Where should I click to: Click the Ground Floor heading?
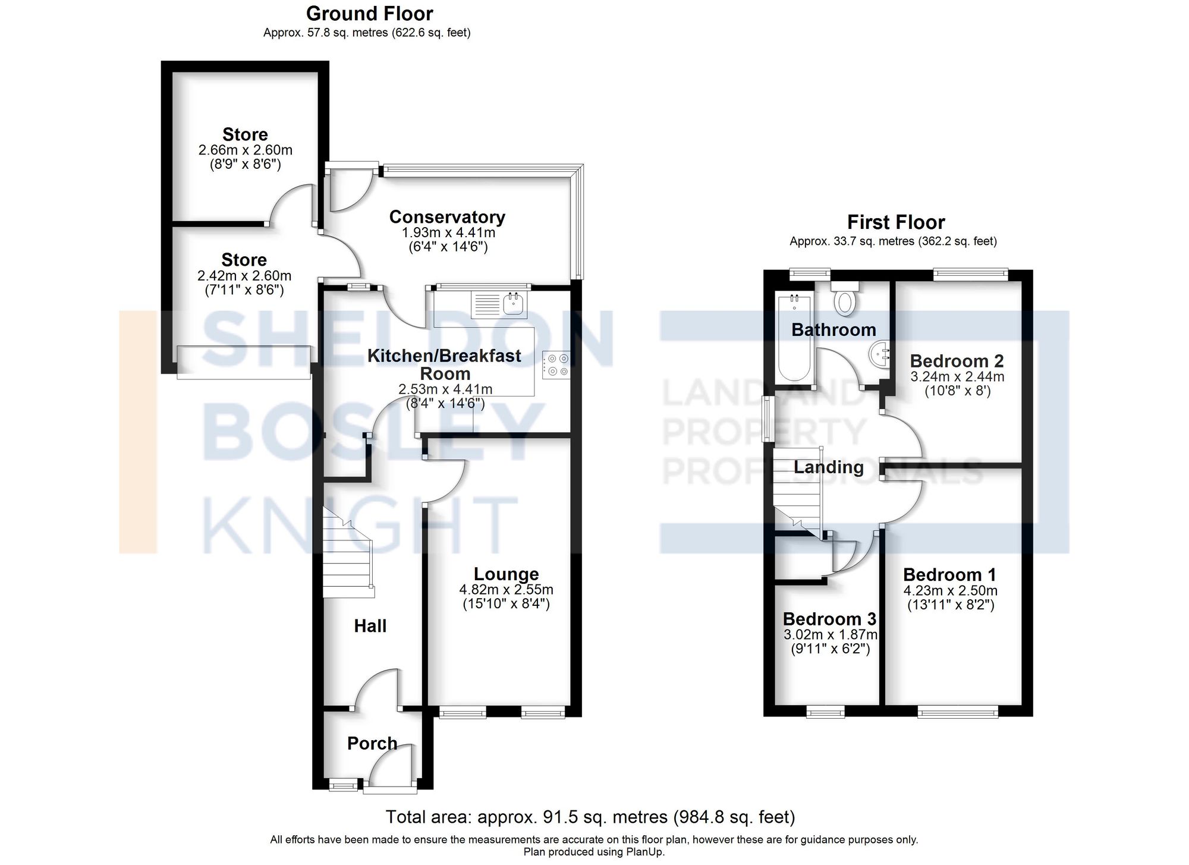[369, 13]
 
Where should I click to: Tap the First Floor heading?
[895, 222]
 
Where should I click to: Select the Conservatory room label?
[447, 217]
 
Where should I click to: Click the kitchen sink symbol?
[514, 304]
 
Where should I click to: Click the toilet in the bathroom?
[844, 300]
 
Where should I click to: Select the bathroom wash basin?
[879, 356]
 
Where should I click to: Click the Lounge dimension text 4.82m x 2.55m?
[506, 590]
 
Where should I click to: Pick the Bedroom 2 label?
[957, 361]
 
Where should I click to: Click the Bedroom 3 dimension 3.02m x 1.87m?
[831, 634]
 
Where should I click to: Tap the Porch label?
[372, 743]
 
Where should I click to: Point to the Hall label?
[370, 625]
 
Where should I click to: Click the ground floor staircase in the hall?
[347, 553]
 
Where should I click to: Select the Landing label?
[828, 467]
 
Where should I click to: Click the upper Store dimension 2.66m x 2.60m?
[245, 150]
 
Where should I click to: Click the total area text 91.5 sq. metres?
[590, 817]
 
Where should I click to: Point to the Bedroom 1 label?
[949, 574]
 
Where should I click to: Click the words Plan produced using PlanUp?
[593, 852]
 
